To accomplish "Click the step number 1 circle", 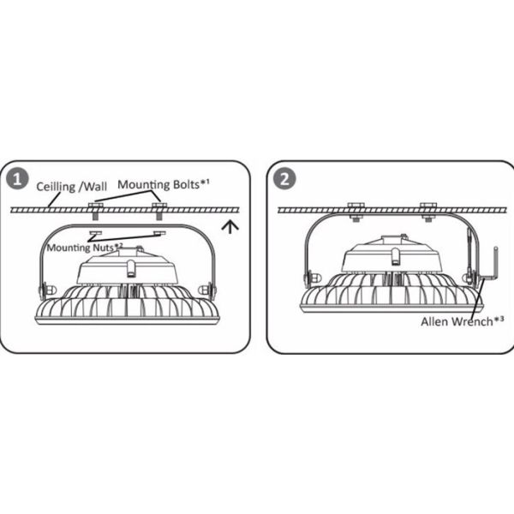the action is (x=17, y=179).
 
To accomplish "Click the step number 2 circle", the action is (x=284, y=179).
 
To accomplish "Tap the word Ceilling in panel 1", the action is (x=56, y=187).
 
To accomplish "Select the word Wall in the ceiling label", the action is (x=95, y=187).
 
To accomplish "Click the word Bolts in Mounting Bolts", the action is (x=186, y=184).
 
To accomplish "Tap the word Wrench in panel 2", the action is (x=472, y=321).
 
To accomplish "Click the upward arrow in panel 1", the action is (x=230, y=227).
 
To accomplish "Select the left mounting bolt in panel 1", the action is (x=95, y=211).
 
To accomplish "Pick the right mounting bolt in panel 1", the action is (x=159, y=211).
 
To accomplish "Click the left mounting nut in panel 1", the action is (x=96, y=233).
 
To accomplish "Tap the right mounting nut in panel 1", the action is (x=159, y=233).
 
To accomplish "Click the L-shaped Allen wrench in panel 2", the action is (x=490, y=266).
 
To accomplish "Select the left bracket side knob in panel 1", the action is (x=48, y=290).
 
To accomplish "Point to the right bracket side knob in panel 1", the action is (x=207, y=290).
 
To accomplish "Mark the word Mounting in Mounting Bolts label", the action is (x=144, y=185).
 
